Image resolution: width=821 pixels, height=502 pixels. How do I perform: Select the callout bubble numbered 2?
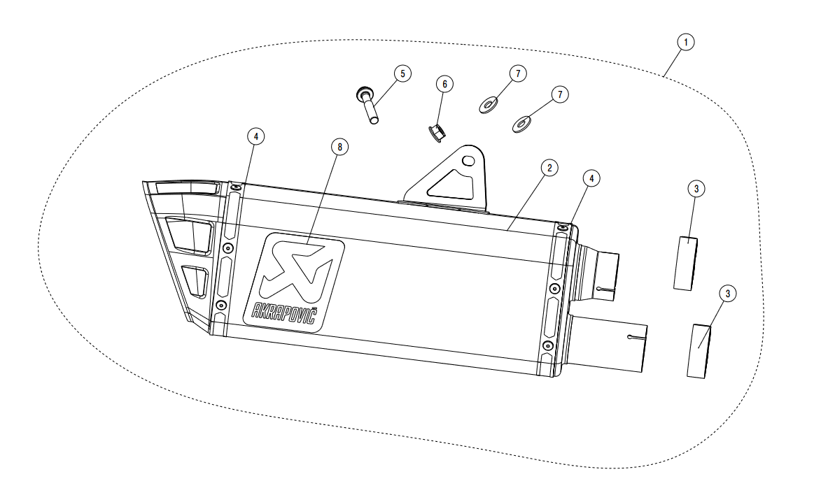pyautogui.click(x=550, y=168)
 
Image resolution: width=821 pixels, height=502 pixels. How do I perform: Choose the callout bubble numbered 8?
pyautogui.click(x=340, y=147)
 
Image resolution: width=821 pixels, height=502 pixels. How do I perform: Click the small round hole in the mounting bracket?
pyautogui.click(x=469, y=162)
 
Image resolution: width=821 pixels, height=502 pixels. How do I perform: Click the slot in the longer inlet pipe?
pyautogui.click(x=636, y=338)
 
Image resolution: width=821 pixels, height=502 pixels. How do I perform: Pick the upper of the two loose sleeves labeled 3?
pyautogui.click(x=686, y=263)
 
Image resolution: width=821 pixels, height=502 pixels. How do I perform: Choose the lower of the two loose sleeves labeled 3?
pyautogui.click(x=701, y=350)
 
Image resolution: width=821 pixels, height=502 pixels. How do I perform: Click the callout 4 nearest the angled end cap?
pyautogui.click(x=256, y=137)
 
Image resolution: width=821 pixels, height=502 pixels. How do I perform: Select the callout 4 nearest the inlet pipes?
pyautogui.click(x=591, y=179)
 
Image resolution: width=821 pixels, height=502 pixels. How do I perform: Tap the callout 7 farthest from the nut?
pyautogui.click(x=559, y=94)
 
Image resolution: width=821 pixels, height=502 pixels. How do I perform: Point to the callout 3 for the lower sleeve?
pyautogui.click(x=728, y=294)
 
